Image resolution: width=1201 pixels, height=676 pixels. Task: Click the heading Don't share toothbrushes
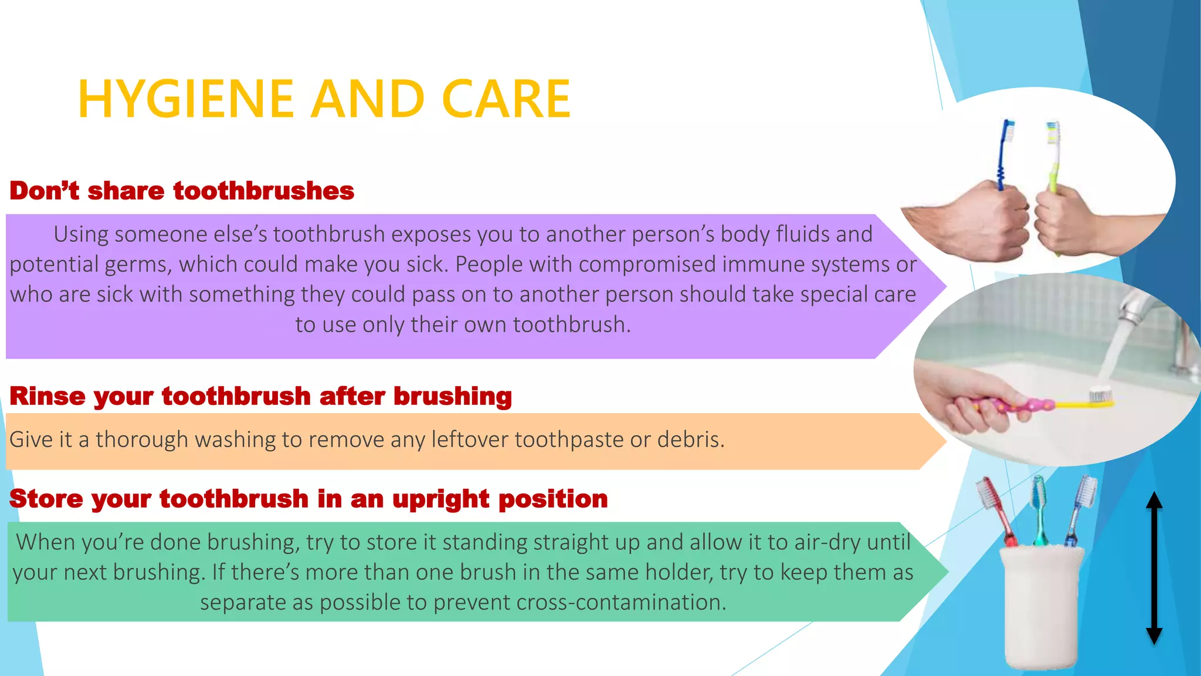click(x=182, y=191)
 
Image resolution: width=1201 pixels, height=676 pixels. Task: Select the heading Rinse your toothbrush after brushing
click(x=261, y=397)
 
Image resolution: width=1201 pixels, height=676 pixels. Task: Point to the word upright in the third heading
click(x=440, y=499)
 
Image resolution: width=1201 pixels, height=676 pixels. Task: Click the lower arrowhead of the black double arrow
click(x=1154, y=635)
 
